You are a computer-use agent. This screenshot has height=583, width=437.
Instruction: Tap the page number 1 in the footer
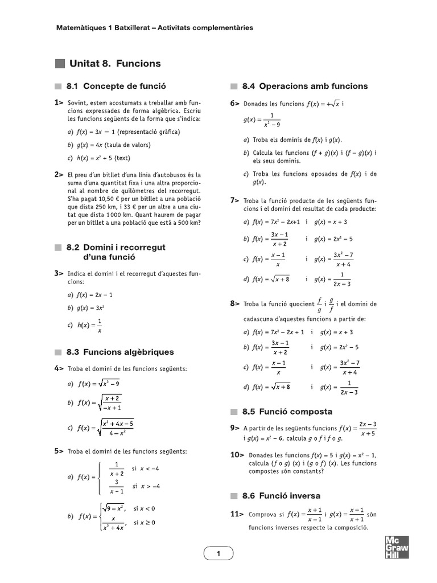pyautogui.click(x=218, y=553)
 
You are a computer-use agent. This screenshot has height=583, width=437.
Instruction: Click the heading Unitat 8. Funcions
pyautogui.click(x=115, y=64)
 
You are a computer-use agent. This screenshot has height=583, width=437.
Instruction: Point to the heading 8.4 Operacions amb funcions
pyautogui.click(x=304, y=87)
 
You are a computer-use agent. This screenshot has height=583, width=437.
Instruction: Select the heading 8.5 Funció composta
pyautogui.click(x=287, y=412)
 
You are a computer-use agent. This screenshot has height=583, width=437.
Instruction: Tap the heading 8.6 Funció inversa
pyautogui.click(x=281, y=495)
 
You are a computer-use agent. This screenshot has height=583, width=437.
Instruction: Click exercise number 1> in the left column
pyautogui.click(x=59, y=102)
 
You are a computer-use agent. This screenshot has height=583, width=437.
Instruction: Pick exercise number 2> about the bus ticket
pyautogui.click(x=59, y=174)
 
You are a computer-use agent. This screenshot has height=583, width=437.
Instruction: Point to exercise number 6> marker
pyautogui.click(x=234, y=103)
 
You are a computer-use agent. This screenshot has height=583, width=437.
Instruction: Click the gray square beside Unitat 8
pyautogui.click(x=60, y=64)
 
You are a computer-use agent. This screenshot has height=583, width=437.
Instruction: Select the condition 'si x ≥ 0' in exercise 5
pyautogui.click(x=144, y=522)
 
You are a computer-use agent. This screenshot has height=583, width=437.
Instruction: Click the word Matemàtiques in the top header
pyautogui.click(x=81, y=27)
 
